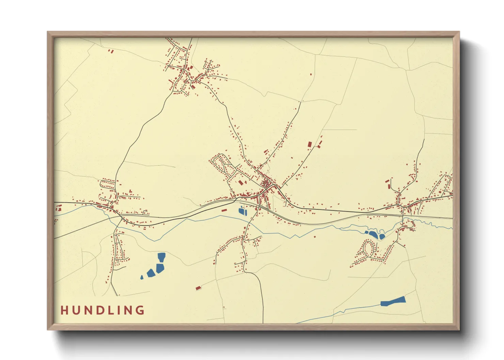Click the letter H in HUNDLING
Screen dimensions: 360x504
64,310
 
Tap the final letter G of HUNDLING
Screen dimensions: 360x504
140,310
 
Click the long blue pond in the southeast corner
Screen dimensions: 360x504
393,301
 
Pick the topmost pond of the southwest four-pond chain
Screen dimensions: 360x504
161,257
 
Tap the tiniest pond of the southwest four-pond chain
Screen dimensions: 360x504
142,278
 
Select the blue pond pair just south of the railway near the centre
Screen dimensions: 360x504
242,211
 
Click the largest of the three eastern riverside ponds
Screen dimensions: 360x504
373,234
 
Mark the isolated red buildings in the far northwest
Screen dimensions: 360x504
111,51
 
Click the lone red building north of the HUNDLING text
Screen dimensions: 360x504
198,288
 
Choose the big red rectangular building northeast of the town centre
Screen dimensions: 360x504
310,144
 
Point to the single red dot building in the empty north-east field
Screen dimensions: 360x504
311,74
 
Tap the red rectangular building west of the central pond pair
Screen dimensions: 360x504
224,210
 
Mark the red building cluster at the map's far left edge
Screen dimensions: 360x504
58,208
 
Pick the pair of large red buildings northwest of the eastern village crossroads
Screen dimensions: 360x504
388,184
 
